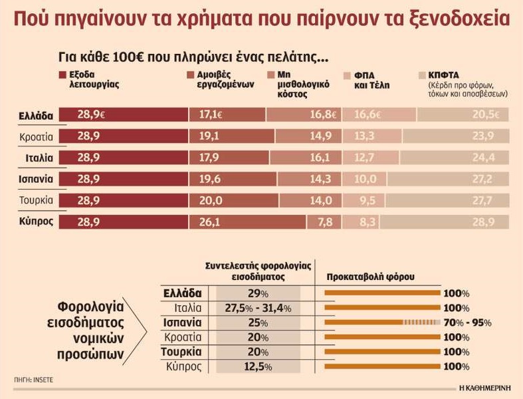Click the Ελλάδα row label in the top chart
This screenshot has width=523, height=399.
(36, 115)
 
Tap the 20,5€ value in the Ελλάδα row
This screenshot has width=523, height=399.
(492, 115)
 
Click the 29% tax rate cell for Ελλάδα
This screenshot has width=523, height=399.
(259, 293)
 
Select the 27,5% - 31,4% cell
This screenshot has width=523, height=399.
(259, 309)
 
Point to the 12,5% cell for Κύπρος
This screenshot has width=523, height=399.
(259, 367)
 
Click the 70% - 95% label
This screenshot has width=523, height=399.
(469, 323)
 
